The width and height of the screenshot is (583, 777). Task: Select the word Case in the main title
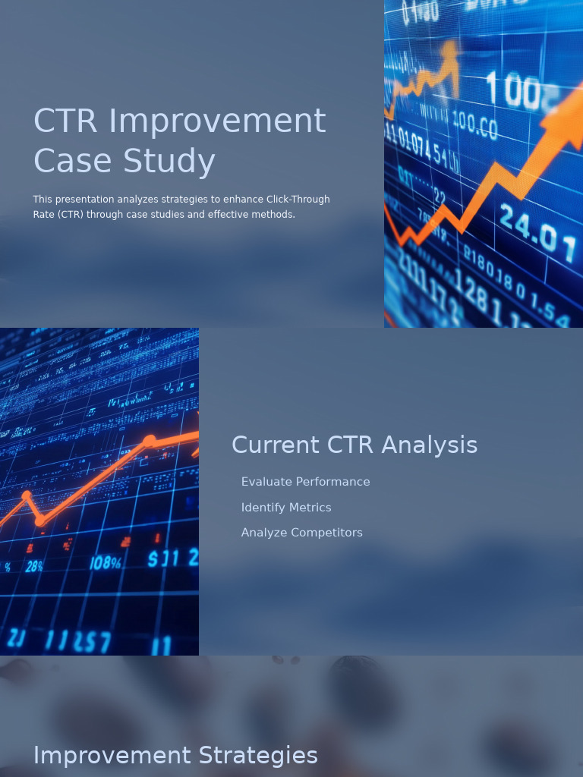(73, 162)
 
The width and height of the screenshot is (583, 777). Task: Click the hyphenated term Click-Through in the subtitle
(298, 200)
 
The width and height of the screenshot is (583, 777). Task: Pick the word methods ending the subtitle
(275, 215)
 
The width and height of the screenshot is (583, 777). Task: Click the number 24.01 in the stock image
(539, 228)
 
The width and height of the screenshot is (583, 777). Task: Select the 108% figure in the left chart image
(105, 563)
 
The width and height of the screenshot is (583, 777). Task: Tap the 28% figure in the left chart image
(34, 566)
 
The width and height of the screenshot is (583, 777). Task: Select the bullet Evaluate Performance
(305, 482)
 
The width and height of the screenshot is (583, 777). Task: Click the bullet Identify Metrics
(286, 508)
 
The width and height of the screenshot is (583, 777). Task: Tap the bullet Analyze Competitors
(301, 533)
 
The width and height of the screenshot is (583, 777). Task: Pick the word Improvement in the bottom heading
(112, 756)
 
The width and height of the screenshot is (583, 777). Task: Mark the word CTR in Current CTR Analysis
(351, 445)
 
